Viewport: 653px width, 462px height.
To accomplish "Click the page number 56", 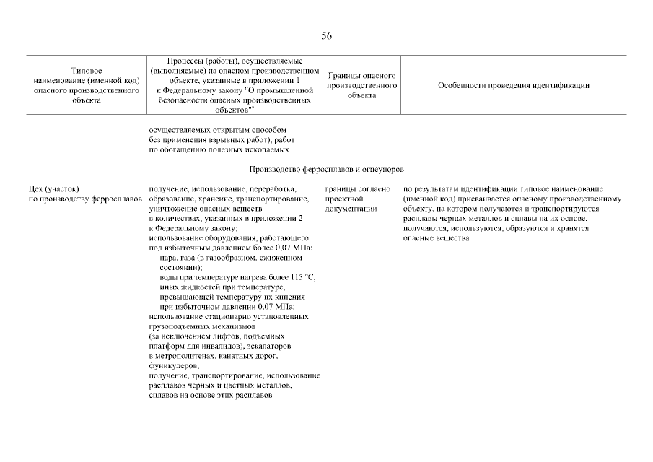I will point(326,36).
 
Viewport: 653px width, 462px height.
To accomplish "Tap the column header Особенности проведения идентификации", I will point(513,85).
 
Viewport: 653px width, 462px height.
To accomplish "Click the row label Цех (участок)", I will point(53,188).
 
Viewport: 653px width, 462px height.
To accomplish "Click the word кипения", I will point(295,297).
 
